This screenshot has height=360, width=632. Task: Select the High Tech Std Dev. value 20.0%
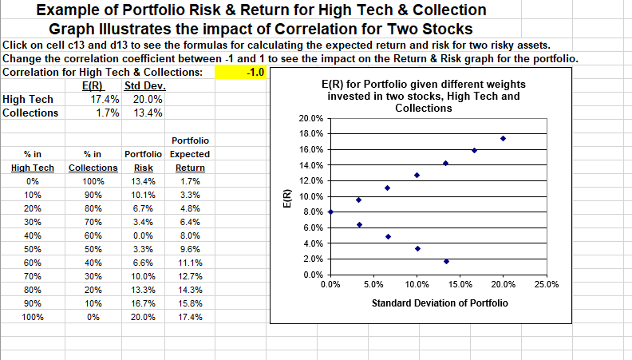pyautogui.click(x=148, y=100)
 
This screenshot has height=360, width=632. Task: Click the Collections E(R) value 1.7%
pyautogui.click(x=107, y=113)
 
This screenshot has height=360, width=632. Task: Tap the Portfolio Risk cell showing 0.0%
pyautogui.click(x=143, y=235)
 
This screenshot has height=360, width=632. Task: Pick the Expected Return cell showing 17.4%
pyautogui.click(x=191, y=317)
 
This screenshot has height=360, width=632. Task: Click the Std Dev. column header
pyautogui.click(x=144, y=86)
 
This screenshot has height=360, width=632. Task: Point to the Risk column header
pyautogui.click(x=143, y=168)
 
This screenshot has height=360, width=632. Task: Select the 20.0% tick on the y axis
pyautogui.click(x=311, y=118)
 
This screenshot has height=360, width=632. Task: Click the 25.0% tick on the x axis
pyautogui.click(x=547, y=284)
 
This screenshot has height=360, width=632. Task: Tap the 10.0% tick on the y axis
pyautogui.click(x=311, y=196)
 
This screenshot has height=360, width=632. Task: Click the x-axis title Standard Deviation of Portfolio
pyautogui.click(x=439, y=303)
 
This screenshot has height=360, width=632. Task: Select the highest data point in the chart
pyautogui.click(x=503, y=138)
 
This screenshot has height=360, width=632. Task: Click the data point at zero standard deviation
pyautogui.click(x=330, y=212)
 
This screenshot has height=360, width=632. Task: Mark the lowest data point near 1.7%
pyautogui.click(x=446, y=261)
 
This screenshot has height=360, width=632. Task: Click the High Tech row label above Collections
pyautogui.click(x=29, y=100)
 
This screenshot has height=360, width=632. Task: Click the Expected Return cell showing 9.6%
pyautogui.click(x=191, y=249)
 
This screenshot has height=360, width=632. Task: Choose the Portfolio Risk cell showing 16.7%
pyautogui.click(x=143, y=303)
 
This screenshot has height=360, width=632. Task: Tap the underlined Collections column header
pyautogui.click(x=93, y=168)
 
